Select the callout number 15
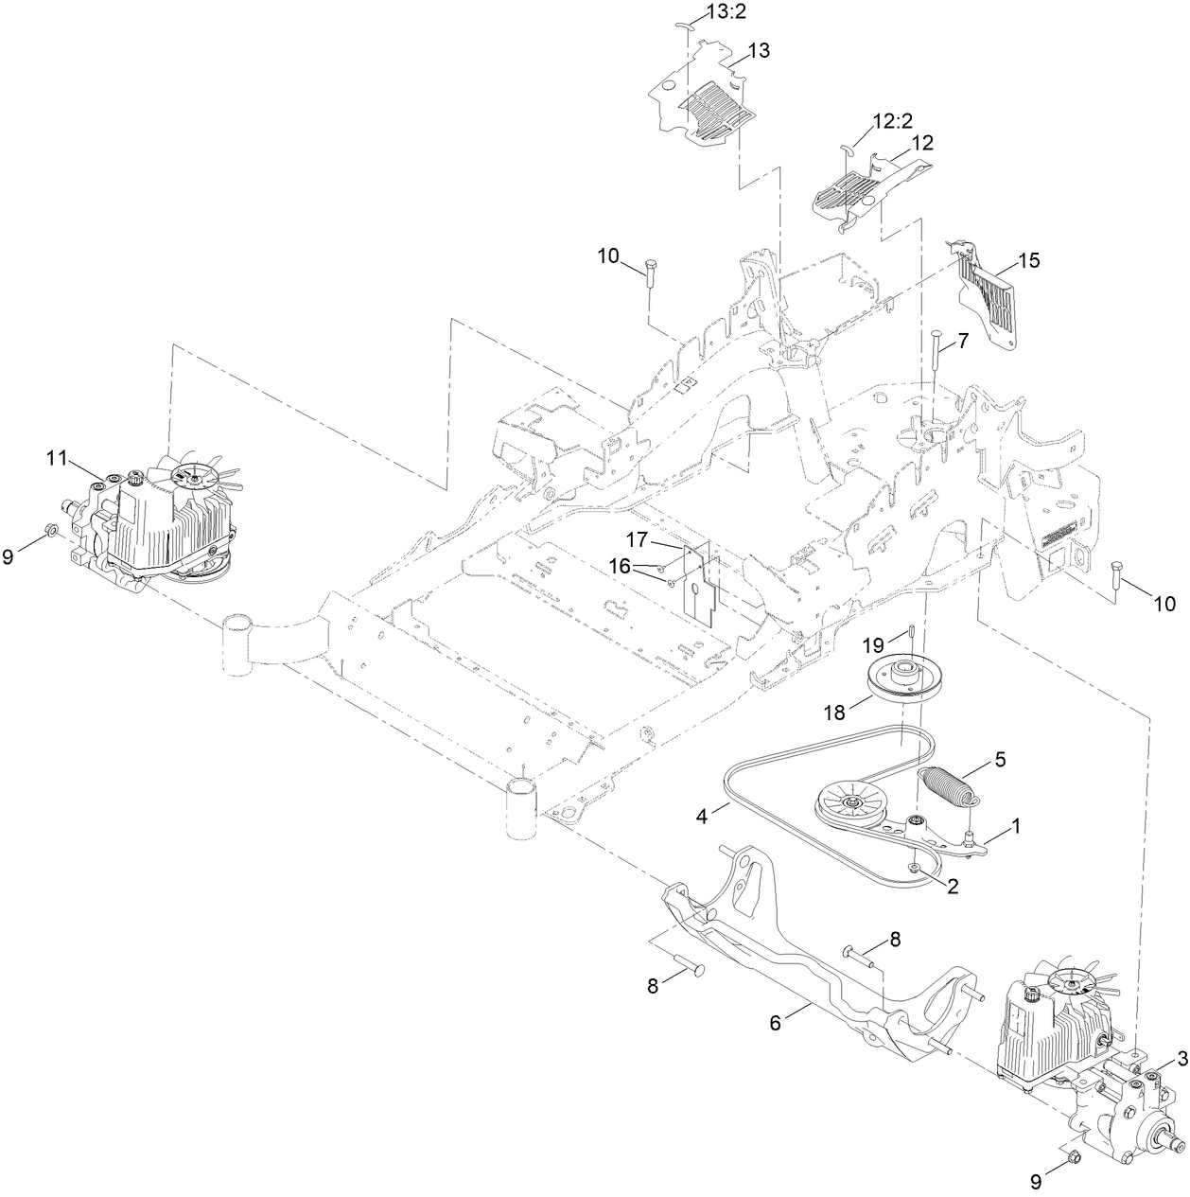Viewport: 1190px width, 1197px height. click(1028, 259)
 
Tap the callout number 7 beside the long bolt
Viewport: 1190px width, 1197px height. click(963, 342)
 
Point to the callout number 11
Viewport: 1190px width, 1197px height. click(59, 459)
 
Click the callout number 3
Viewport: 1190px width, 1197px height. click(1181, 1058)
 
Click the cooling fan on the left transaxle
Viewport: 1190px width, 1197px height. click(200, 475)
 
